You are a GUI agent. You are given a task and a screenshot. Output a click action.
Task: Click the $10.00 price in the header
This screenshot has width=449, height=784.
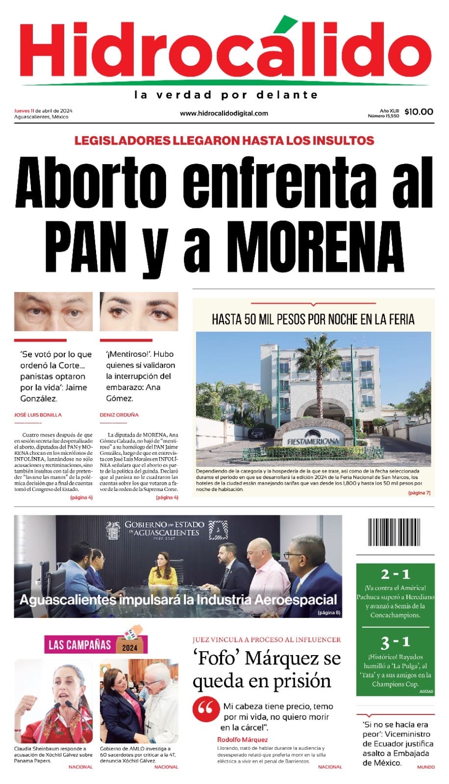[x=419, y=112]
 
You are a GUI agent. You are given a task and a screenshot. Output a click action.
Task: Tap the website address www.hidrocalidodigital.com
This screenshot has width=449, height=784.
[x=224, y=113]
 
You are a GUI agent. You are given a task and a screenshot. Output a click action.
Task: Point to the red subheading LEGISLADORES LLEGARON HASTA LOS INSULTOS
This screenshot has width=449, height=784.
[x=224, y=141]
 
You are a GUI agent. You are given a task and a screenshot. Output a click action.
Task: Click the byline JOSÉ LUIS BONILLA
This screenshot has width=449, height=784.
[x=38, y=415]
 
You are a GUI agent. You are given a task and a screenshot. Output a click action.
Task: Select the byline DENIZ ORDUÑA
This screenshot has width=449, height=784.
[x=119, y=415]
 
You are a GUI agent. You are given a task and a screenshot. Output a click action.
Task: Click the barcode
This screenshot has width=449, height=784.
[x=395, y=532]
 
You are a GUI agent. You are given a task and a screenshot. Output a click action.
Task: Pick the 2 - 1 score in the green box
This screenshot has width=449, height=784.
[x=395, y=574]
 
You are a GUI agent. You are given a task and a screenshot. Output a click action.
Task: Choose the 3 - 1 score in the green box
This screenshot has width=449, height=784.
[x=395, y=642]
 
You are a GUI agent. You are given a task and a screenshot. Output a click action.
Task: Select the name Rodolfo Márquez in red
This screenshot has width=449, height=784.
[x=243, y=739]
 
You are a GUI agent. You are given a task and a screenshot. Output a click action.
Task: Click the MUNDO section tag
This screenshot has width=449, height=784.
[x=425, y=767]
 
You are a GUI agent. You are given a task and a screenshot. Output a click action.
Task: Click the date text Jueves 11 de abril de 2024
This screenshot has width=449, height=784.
[x=43, y=110]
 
